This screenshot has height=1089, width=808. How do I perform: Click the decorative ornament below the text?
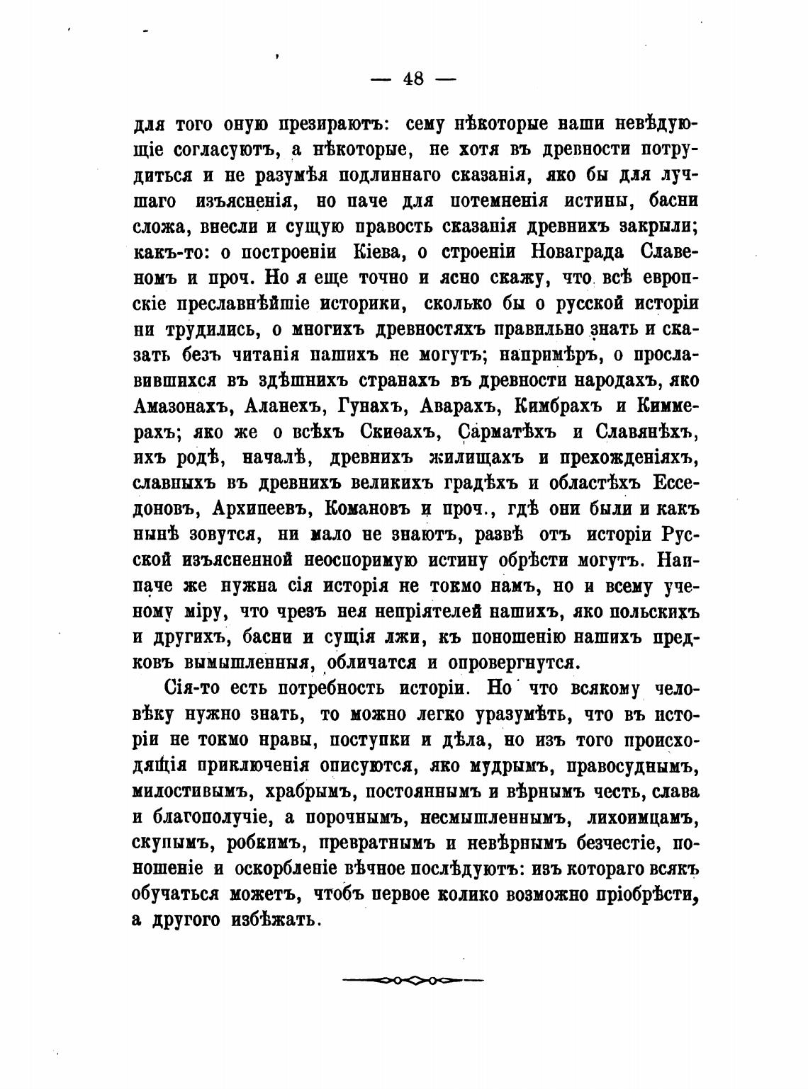[x=412, y=981]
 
